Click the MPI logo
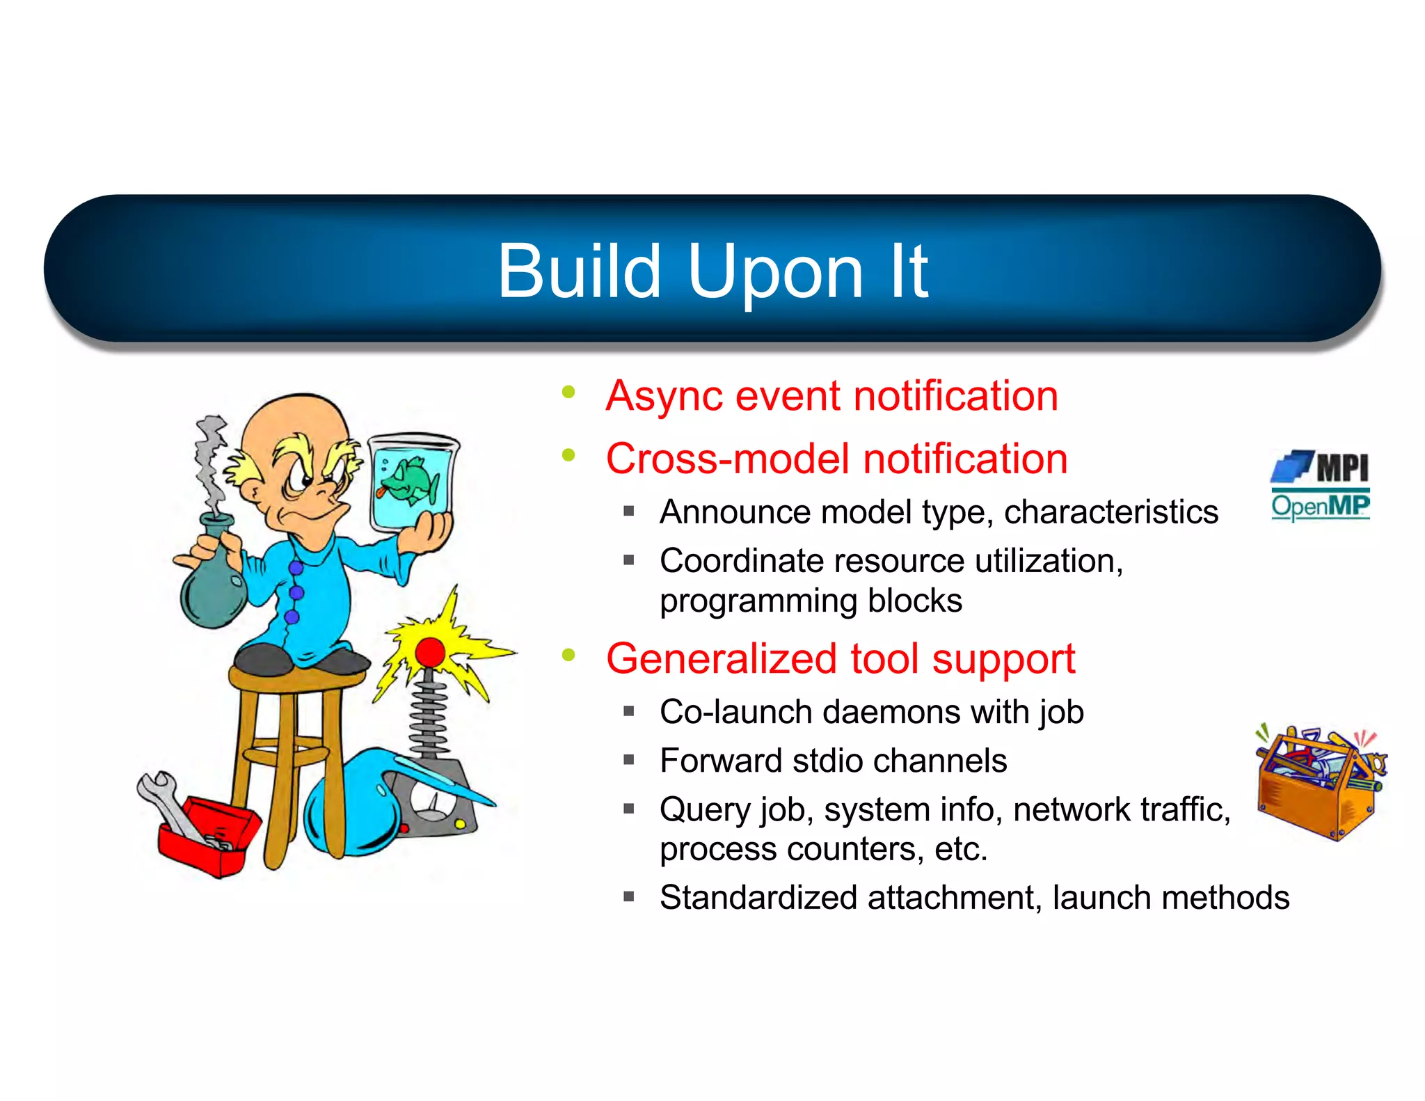tap(1320, 467)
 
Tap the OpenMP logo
tap(1320, 506)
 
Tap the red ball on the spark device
tap(430, 652)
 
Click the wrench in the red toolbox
tap(167, 800)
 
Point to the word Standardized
tap(758, 898)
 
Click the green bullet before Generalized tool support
tap(569, 655)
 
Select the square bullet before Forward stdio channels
tap(629, 760)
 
